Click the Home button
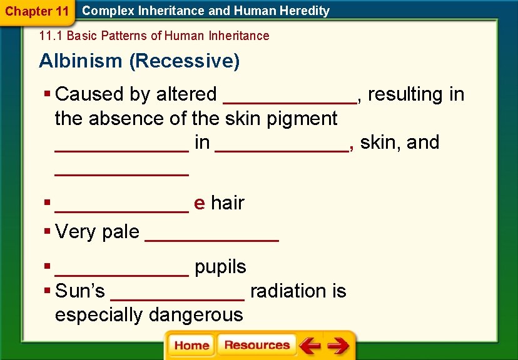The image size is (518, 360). coord(191,346)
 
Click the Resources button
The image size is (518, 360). coord(256,345)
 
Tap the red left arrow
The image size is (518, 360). coord(309,346)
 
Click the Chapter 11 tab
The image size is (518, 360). coord(37,11)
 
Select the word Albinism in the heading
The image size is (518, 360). coord(81,61)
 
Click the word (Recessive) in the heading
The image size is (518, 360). coord(184,61)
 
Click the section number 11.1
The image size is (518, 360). coord(51,36)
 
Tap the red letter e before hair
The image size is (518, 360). coord(200,203)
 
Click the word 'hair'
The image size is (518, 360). coord(227,203)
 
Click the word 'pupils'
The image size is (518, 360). coord(220,267)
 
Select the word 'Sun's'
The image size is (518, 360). coord(80,291)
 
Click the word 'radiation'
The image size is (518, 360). coord(288,291)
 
